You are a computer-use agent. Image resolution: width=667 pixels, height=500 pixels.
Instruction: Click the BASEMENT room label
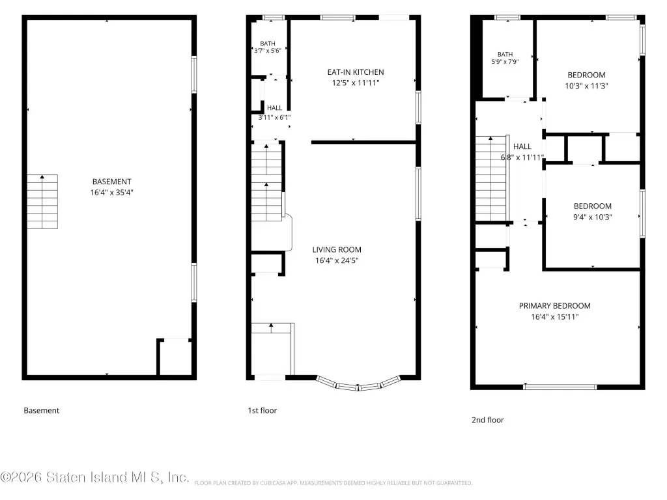tap(111, 182)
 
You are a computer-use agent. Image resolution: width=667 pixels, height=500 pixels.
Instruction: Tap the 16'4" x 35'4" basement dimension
tap(111, 193)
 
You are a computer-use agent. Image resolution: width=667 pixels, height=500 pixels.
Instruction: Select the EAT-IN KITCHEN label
tap(356, 72)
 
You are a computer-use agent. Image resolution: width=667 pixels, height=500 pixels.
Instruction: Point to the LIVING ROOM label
tap(337, 249)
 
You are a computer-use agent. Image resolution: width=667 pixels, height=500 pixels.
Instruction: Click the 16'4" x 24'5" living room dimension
tap(337, 260)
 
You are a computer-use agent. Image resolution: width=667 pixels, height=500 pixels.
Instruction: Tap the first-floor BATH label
tap(268, 44)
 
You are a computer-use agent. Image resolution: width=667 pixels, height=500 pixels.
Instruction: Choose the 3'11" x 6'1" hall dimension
tap(274, 117)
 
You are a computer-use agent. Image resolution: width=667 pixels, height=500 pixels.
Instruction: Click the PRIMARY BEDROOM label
tap(555, 306)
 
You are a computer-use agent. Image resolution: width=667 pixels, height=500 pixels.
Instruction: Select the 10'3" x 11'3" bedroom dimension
tap(587, 86)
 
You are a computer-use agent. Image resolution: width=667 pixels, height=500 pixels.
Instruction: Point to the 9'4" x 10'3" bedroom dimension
tap(593, 217)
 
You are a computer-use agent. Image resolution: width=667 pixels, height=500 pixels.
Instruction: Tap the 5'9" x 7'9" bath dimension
tap(505, 62)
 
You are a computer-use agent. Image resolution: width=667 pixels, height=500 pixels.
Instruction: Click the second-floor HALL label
tap(522, 146)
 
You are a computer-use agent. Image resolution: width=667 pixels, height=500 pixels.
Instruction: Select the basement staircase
tap(42, 202)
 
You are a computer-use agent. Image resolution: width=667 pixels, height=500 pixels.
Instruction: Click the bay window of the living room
tap(358, 384)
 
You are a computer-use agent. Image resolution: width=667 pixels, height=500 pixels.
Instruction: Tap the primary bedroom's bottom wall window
tap(560, 387)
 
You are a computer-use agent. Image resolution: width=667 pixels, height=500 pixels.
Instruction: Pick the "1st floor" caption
tap(262, 411)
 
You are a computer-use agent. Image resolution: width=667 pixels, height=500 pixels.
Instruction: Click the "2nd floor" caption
tap(487, 420)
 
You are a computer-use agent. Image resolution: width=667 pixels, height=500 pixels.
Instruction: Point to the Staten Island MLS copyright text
tap(94, 477)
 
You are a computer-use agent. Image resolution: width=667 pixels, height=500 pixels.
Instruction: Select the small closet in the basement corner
tap(175, 357)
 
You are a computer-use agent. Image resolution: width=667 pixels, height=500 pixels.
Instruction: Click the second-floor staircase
tap(492, 178)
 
